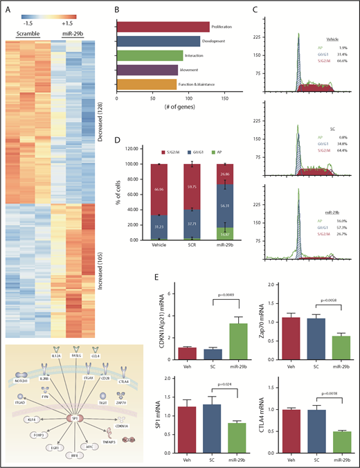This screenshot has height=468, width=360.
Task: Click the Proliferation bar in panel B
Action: click(x=163, y=27)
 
